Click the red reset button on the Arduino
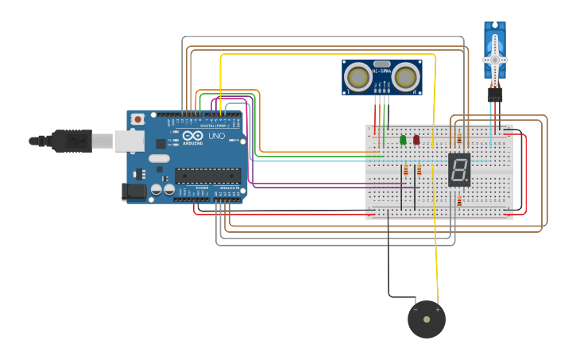[137, 119]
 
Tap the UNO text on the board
[216, 137]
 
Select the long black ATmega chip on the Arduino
[207, 176]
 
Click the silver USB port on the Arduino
[129, 141]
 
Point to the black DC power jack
[134, 191]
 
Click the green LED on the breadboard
[403, 140]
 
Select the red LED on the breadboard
[416, 140]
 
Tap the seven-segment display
[458, 169]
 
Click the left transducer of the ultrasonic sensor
[358, 77]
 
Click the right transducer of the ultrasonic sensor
[406, 77]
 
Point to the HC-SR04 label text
[382, 72]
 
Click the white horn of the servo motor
[494, 60]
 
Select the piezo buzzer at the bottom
[427, 319]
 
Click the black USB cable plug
[72, 141]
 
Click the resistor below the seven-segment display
[458, 201]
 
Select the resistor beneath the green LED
[406, 170]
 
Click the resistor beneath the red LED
[419, 170]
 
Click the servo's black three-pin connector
[494, 95]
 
